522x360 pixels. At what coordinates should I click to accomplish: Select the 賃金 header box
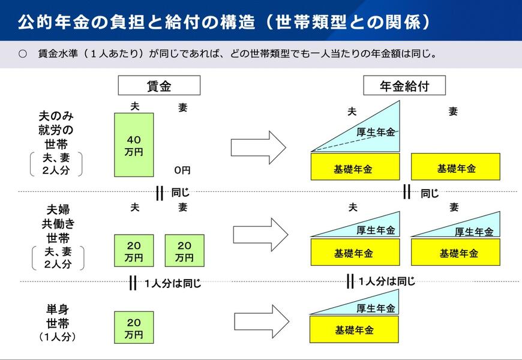(158, 86)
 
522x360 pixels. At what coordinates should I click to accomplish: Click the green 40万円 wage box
(134, 145)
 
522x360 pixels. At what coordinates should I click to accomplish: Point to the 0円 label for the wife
(182, 170)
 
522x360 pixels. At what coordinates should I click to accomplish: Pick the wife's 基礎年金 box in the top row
(455, 167)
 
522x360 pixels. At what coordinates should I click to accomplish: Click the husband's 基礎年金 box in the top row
(355, 167)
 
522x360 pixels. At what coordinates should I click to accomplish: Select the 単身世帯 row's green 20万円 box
(134, 328)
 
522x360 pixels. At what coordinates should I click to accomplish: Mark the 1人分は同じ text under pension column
(387, 281)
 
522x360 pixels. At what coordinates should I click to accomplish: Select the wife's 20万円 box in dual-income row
(184, 251)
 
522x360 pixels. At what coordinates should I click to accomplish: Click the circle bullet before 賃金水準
(23, 54)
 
